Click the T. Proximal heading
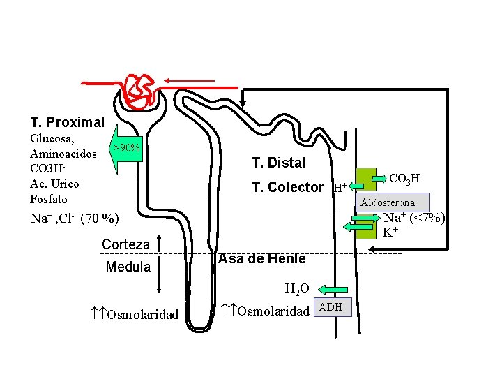pyautogui.click(x=67, y=123)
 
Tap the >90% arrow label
pyautogui.click(x=127, y=147)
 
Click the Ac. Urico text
pyautogui.click(x=54, y=184)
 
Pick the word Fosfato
pyautogui.click(x=49, y=199)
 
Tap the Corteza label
pyautogui.click(x=125, y=244)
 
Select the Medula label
pyautogui.click(x=128, y=267)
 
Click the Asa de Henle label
pyautogui.click(x=262, y=259)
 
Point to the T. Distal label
pyautogui.click(x=279, y=163)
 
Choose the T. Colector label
pyautogui.click(x=288, y=187)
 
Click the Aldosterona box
pyautogui.click(x=388, y=202)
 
